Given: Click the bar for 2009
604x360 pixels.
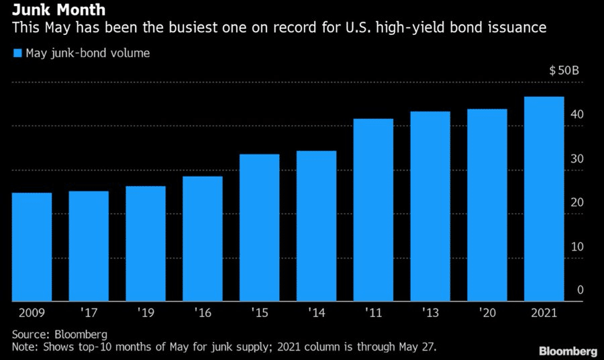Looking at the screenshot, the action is (x=32, y=246).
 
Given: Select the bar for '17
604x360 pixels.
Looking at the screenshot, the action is (x=89, y=246).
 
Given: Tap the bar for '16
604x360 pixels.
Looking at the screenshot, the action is (x=203, y=238).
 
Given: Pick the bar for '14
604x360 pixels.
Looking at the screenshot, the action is (x=316, y=226).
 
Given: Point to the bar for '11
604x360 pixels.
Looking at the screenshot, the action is (x=373, y=210).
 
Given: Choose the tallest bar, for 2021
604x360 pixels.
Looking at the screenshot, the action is (x=544, y=199).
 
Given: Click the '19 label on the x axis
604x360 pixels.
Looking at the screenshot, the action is (x=146, y=312).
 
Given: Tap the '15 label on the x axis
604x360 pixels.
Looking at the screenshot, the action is (x=259, y=312).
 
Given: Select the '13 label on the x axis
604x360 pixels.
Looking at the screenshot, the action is (x=430, y=312).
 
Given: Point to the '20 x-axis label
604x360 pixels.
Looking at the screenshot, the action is (x=487, y=312).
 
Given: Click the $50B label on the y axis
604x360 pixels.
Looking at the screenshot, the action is (x=564, y=71).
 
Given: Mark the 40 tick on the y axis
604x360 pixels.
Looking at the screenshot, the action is (x=577, y=114).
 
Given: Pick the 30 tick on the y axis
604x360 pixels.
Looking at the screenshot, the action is (x=577, y=159).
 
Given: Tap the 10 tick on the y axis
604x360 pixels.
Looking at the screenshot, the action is (x=577, y=246).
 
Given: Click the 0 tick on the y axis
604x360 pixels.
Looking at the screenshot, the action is (x=580, y=290).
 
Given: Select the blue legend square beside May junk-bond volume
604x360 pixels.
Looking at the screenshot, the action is (x=17, y=53).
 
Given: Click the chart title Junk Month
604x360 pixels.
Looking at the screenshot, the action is (x=58, y=9).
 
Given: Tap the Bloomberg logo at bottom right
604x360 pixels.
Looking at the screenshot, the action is (x=568, y=351).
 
